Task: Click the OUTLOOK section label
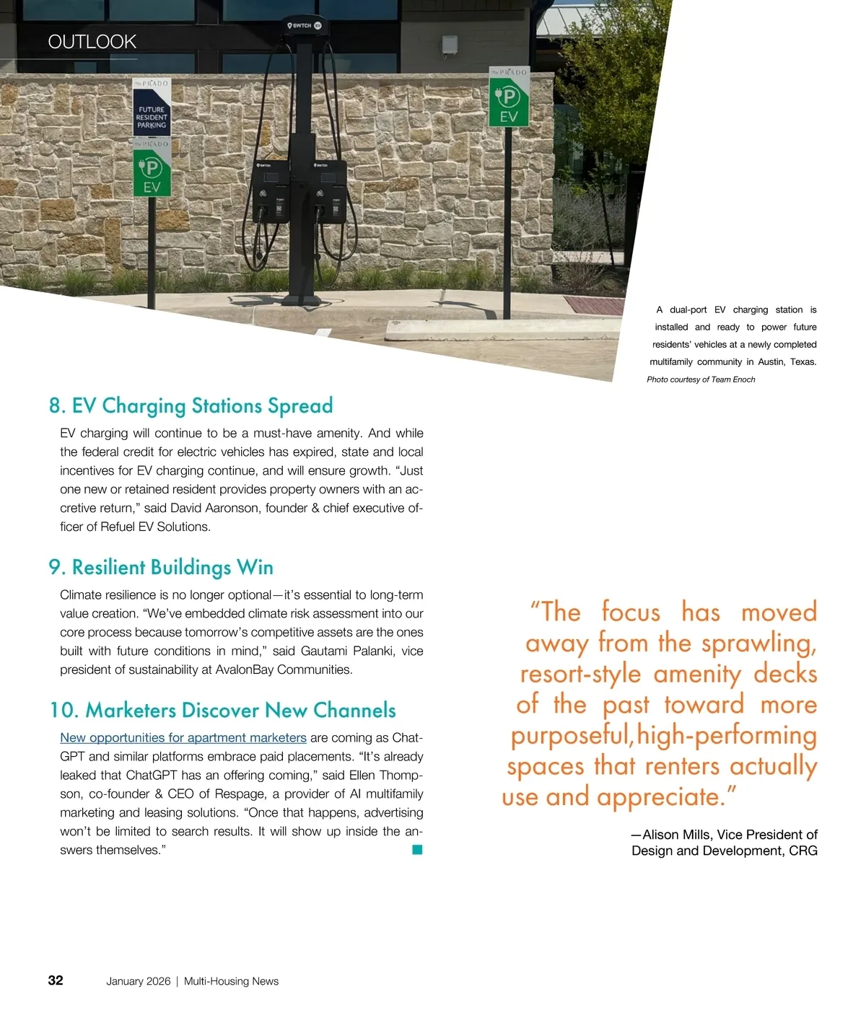point(92,42)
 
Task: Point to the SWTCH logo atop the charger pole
point(303,25)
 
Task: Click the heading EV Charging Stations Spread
point(191,406)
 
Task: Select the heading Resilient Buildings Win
point(161,568)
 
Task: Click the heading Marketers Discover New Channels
point(222,711)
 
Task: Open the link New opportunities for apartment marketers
point(183,738)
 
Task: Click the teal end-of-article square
point(417,850)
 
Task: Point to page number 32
point(56,980)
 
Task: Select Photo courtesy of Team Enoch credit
point(701,379)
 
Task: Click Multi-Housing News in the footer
point(231,981)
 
